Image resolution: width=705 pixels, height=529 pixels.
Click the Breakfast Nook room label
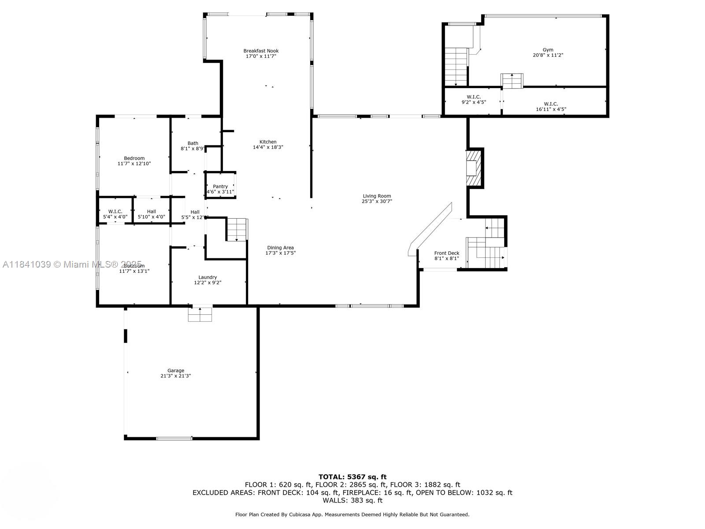click(x=261, y=51)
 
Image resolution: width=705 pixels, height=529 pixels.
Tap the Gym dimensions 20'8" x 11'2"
click(x=548, y=56)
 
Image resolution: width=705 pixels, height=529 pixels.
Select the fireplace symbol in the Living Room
click(x=473, y=169)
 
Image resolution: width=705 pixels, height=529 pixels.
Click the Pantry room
click(x=220, y=186)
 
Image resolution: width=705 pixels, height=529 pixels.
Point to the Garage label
click(x=175, y=371)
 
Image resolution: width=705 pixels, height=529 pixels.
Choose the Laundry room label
click(x=207, y=277)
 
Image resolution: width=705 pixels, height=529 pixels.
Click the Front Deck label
click(x=446, y=253)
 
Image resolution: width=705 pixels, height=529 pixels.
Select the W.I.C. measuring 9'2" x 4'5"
click(x=473, y=100)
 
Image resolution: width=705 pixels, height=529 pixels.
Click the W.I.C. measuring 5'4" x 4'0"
click(x=115, y=214)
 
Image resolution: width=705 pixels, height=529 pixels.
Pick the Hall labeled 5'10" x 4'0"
click(x=151, y=214)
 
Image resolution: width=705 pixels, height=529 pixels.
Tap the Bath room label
click(x=193, y=143)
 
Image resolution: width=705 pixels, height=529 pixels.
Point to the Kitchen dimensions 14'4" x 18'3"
click(x=267, y=147)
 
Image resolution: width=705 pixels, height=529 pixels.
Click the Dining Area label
click(x=280, y=248)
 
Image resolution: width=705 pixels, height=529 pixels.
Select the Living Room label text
click(x=377, y=196)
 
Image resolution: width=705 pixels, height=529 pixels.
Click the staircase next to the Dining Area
click(x=237, y=229)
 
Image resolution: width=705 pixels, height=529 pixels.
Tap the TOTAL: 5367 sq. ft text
click(x=352, y=477)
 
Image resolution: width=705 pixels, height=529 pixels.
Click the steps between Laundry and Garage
click(x=200, y=314)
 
